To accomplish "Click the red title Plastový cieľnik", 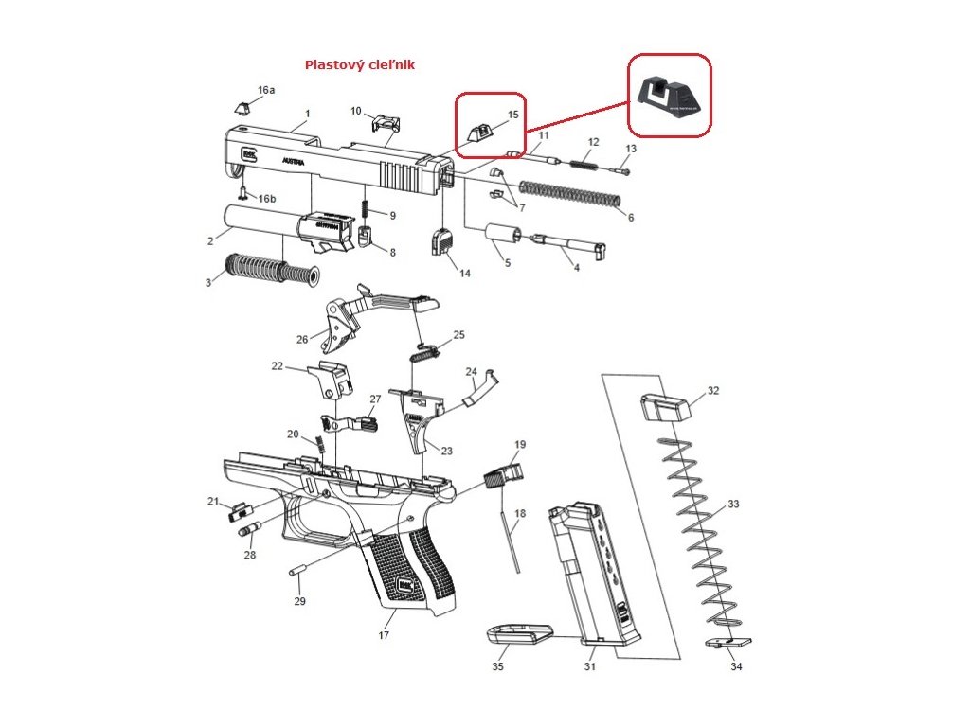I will point(359,65).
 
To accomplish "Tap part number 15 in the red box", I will point(513,115).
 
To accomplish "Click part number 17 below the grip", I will point(384,635).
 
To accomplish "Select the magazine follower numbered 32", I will point(667,408).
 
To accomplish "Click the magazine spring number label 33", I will point(733,504).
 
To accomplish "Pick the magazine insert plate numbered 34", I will point(729,643).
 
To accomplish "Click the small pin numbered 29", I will point(294,572).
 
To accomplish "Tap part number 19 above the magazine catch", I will point(520,444).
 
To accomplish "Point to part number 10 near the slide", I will point(356,111).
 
